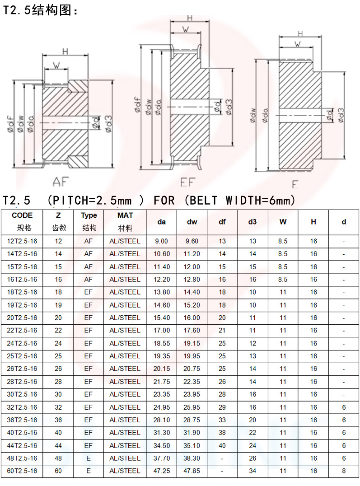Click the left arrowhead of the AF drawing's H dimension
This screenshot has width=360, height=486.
pos(43,56)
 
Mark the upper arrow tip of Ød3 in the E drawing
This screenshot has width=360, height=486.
pos(345,72)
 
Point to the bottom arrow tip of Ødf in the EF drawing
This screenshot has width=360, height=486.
pos(141,169)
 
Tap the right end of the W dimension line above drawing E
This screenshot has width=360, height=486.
pos(313,47)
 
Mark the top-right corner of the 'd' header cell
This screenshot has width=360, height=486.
pos(359,210)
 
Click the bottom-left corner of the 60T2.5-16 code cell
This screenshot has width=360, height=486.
pos(1,477)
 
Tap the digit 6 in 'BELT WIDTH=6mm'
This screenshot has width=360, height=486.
pos(272,201)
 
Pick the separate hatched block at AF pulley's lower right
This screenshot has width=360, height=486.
pos(78,162)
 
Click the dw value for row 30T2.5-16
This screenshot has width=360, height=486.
pos(192,394)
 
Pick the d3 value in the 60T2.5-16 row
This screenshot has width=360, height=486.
pos(252,471)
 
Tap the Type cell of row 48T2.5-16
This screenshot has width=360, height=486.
pos(89,458)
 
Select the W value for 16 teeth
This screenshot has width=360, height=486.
pos(283,280)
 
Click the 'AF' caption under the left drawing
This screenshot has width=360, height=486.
pos(61,182)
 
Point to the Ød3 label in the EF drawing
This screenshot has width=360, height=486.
pos(229,107)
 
